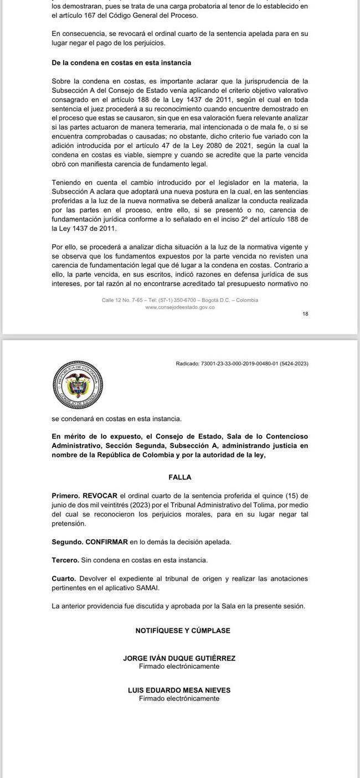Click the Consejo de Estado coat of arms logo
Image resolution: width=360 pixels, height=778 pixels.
click(78, 383)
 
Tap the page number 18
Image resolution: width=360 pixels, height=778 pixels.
click(305, 314)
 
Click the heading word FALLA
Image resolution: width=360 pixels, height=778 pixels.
click(179, 477)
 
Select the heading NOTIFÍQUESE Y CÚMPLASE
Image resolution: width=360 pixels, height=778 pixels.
click(183, 631)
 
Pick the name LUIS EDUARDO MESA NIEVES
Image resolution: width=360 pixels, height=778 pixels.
click(179, 691)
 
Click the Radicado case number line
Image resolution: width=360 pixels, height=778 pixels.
click(241, 364)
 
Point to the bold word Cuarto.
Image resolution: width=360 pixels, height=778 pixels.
click(64, 579)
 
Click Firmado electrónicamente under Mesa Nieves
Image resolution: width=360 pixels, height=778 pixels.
click(179, 699)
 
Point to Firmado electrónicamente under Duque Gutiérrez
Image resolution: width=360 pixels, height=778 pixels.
click(179, 667)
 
